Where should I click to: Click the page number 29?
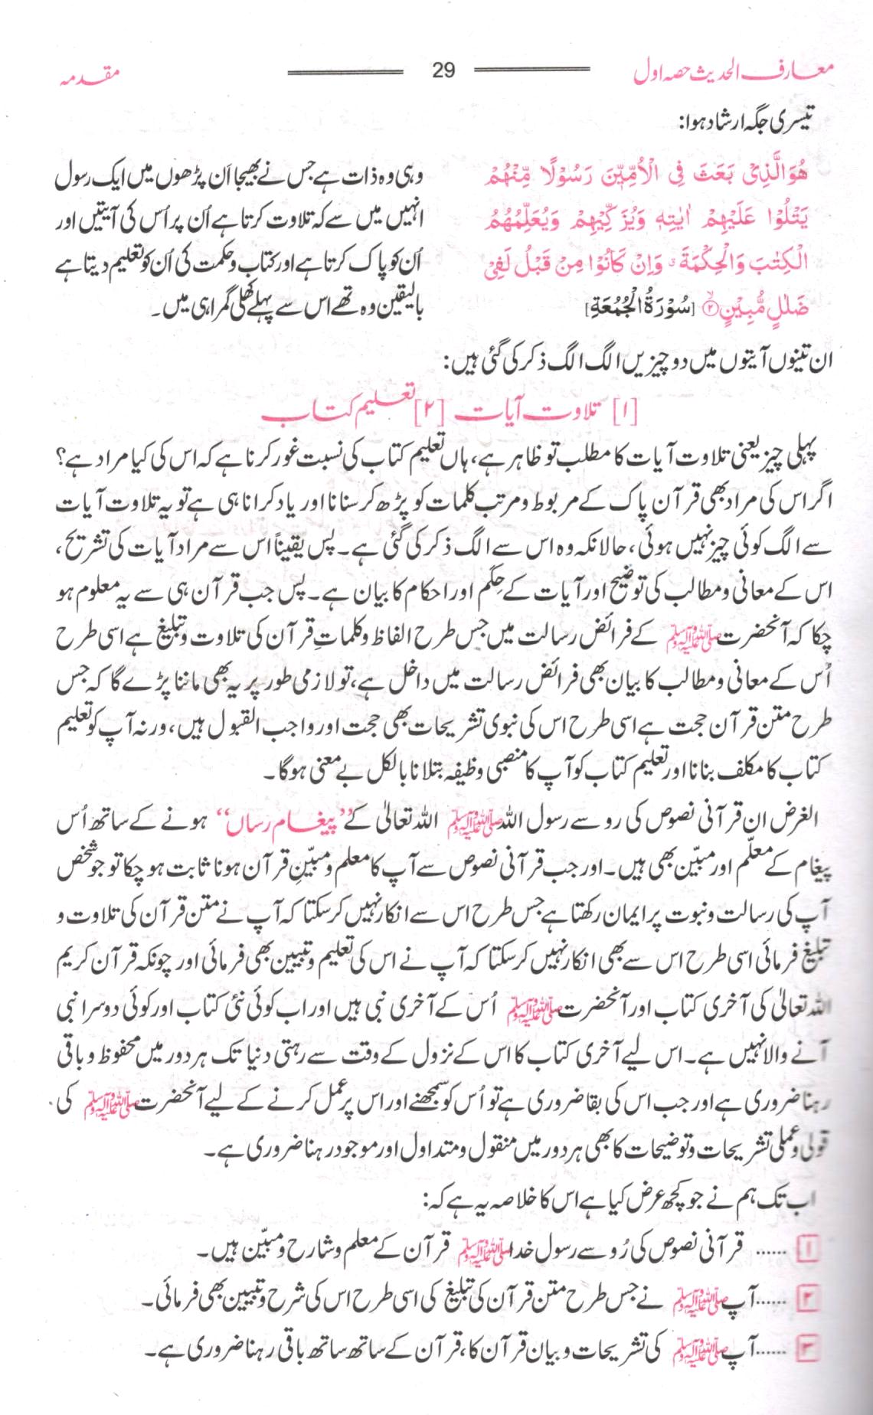pyautogui.click(x=443, y=71)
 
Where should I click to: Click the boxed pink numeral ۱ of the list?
pyautogui.click(x=809, y=1250)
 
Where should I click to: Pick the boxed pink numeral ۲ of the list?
pyautogui.click(x=809, y=1299)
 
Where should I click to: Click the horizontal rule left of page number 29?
pyautogui.click(x=345, y=70)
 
